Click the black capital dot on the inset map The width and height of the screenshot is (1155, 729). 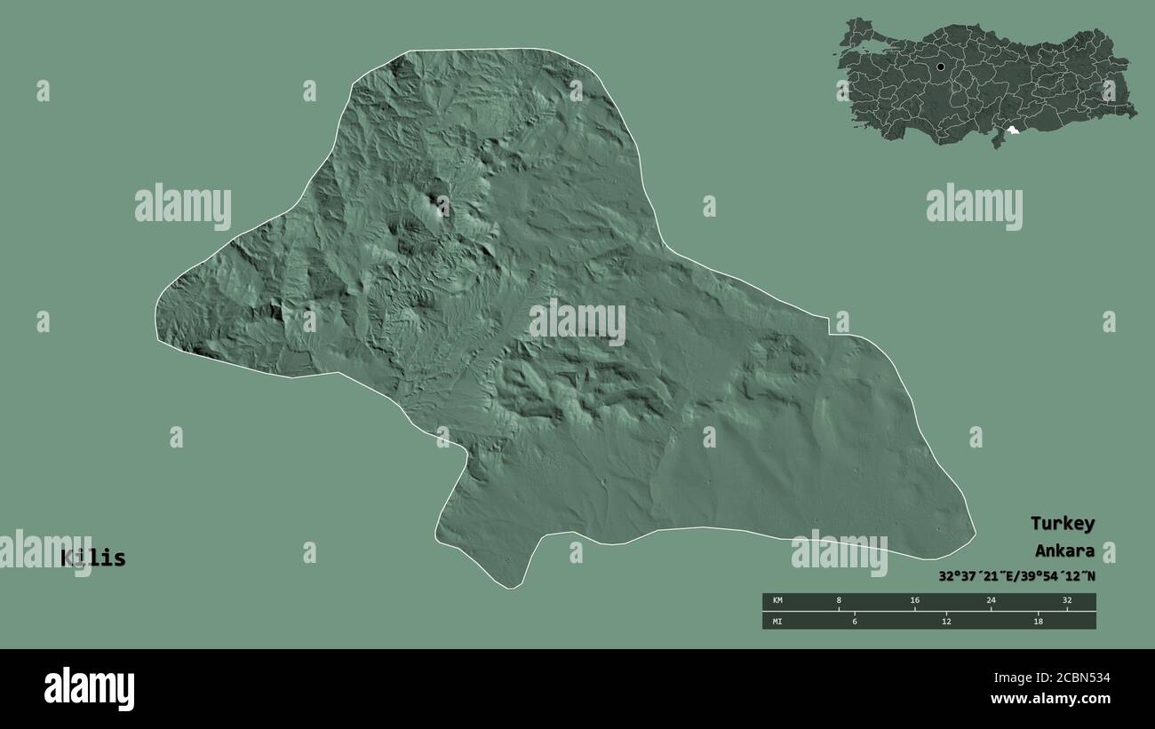click(x=940, y=67)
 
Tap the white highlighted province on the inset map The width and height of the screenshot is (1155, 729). click(x=1011, y=133)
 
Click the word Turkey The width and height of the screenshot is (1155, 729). click(x=1062, y=523)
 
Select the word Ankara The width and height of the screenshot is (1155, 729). click(x=1063, y=551)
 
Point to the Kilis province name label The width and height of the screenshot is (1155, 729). click(x=93, y=559)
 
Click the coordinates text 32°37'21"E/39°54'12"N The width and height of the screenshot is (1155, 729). click(x=1016, y=576)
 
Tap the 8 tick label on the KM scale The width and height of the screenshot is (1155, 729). click(x=839, y=600)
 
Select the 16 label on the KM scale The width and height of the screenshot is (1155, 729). click(x=914, y=600)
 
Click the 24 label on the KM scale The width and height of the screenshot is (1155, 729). click(x=991, y=600)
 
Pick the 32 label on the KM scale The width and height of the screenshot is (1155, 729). click(x=1067, y=600)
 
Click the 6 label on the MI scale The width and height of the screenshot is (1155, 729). click(x=854, y=621)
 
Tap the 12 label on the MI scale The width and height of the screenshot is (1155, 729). click(x=946, y=621)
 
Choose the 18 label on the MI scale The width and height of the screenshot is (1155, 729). click(x=1038, y=621)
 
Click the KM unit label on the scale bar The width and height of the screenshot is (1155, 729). click(x=777, y=600)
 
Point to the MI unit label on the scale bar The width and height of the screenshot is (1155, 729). click(x=777, y=621)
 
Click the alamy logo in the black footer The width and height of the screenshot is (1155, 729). click(x=89, y=689)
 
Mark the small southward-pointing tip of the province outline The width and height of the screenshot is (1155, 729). click(x=510, y=587)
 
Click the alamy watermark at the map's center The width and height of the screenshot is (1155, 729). click(x=577, y=322)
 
